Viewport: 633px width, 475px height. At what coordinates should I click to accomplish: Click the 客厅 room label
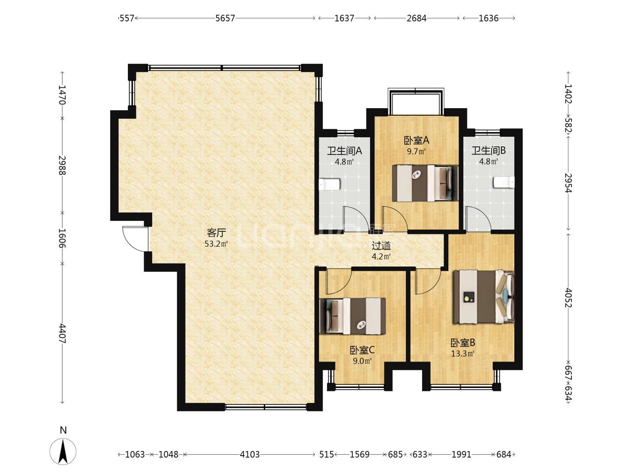point(216,233)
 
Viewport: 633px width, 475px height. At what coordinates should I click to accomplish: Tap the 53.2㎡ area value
point(216,244)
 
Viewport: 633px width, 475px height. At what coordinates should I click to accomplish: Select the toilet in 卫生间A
point(330,184)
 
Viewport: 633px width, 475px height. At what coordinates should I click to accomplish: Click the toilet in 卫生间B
point(504,182)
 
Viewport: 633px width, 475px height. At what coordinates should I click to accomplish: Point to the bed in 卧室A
point(425,183)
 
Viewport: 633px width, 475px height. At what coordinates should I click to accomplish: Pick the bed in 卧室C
point(353,316)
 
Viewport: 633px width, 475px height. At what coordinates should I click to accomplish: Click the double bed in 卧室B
point(484,296)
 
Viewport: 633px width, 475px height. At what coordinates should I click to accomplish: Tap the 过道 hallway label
point(381,246)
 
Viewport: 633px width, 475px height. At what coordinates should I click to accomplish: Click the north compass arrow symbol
point(63,451)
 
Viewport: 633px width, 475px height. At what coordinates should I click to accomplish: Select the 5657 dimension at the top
point(225,18)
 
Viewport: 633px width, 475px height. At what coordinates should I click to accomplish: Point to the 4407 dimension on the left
point(62,333)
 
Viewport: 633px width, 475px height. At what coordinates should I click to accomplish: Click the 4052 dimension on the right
point(568,298)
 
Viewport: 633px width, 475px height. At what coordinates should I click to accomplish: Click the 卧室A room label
point(416,140)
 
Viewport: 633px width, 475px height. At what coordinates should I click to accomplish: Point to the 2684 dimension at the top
point(416,18)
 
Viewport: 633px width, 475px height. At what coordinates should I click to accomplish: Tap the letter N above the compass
point(63,430)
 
